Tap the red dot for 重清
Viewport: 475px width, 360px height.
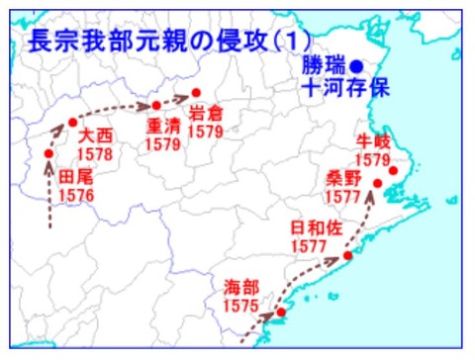pos(156,104)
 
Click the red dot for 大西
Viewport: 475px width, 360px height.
pos(72,123)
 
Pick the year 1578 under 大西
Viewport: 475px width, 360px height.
pos(96,154)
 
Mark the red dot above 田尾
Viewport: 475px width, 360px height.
pos(48,153)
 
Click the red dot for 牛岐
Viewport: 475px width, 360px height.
pos(393,171)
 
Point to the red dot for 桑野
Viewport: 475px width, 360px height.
pos(377,183)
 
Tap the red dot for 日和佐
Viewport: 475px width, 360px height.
pos(347,257)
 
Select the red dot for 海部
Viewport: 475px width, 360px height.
pos(280,313)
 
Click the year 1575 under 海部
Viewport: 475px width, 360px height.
pos(241,308)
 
